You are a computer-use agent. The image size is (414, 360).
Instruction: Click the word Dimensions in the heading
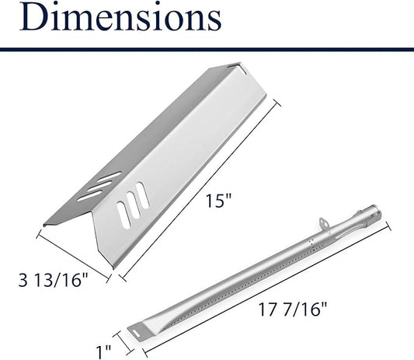click(120, 16)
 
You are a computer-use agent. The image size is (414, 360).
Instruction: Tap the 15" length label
click(218, 201)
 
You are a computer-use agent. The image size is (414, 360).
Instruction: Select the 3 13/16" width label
click(53, 280)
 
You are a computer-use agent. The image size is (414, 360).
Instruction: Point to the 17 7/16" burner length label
click(293, 309)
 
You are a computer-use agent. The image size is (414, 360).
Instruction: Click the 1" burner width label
click(103, 351)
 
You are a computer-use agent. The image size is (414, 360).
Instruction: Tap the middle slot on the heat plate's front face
click(133, 205)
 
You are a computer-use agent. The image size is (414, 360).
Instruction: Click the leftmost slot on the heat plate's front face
click(124, 215)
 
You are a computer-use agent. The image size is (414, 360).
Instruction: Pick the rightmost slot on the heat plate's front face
click(142, 196)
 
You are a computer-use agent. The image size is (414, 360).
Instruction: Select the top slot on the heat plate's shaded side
click(109, 177)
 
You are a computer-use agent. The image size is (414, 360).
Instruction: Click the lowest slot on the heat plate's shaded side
click(89, 196)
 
